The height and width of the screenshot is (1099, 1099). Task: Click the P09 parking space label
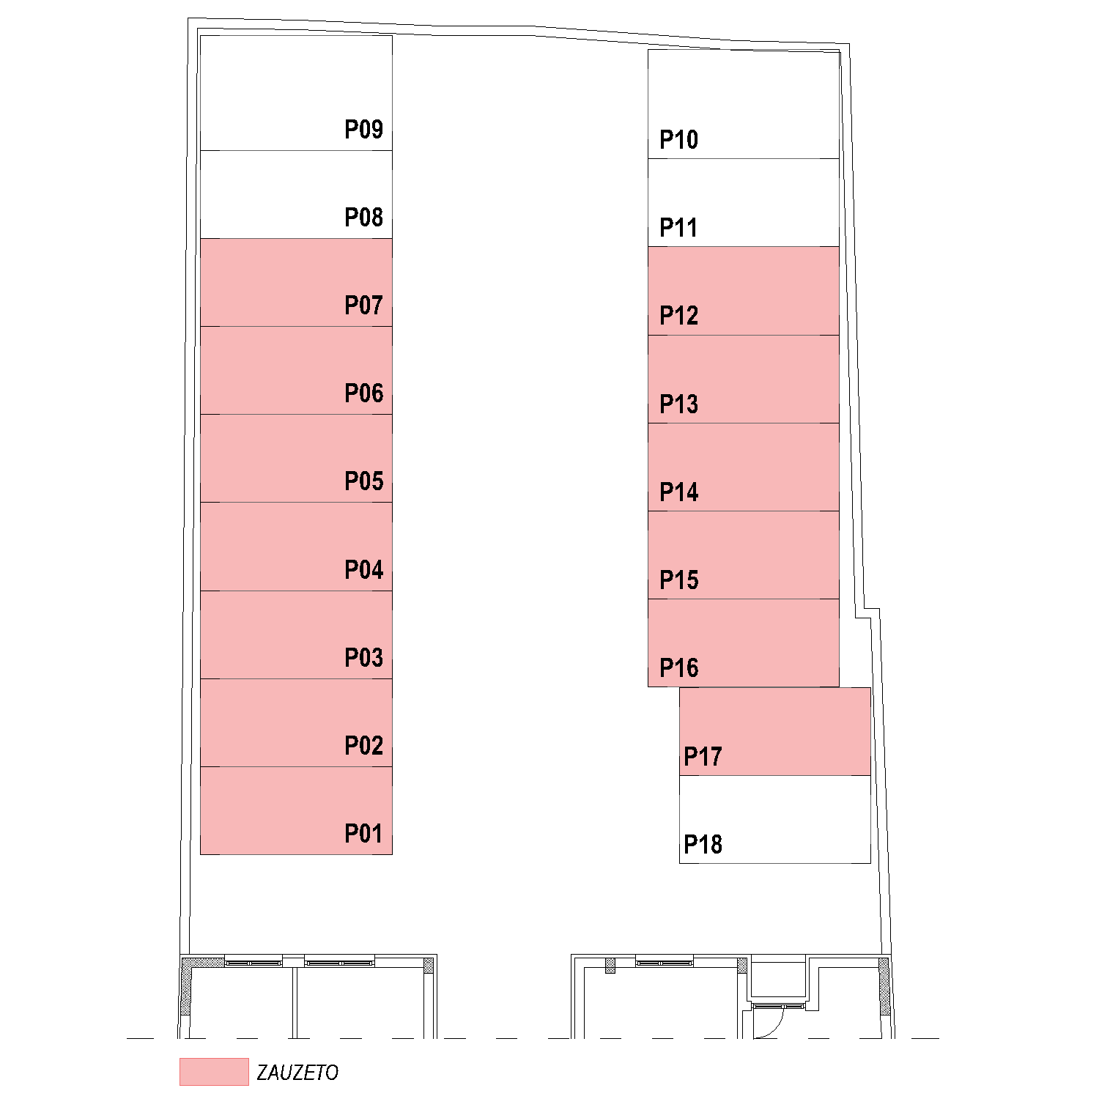coord(363,130)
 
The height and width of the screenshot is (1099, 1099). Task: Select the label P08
coord(363,218)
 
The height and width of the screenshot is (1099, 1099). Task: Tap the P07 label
coord(363,306)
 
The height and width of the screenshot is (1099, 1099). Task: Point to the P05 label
coord(363,481)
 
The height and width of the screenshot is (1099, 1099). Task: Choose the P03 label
coord(363,658)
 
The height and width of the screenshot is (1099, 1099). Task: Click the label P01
coord(363,834)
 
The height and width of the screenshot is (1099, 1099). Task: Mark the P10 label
coord(678,140)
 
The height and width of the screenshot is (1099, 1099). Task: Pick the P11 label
coord(678,228)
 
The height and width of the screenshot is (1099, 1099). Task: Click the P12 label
coord(678,316)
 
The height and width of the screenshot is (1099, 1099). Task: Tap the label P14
coord(678,492)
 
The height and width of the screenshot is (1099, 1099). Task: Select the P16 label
coord(678,668)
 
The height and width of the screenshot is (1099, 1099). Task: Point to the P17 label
coord(703,757)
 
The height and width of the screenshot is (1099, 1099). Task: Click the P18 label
coord(703,845)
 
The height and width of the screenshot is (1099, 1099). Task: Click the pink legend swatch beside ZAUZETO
coord(214,1072)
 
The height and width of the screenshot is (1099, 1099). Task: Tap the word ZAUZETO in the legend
coord(297,1073)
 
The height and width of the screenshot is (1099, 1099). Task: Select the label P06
coord(363,393)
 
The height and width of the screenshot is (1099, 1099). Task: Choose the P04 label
coord(363,570)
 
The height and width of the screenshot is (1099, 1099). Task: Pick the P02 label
coord(363,746)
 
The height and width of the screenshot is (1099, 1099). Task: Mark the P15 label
coord(678,580)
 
